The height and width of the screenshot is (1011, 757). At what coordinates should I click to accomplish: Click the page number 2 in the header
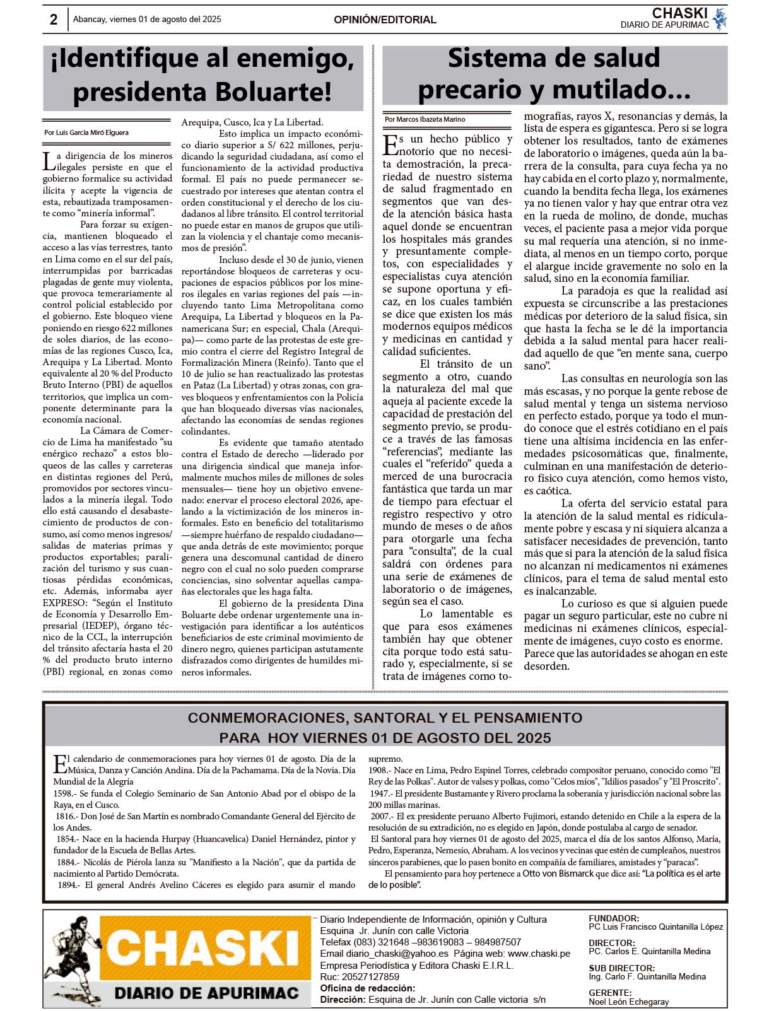pos(54,20)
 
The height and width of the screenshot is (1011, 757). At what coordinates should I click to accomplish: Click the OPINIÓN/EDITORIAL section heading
pos(385,20)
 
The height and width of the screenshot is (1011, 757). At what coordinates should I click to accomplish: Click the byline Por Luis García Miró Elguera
pos(86,132)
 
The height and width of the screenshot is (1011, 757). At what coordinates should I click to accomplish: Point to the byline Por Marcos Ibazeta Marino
pos(425,119)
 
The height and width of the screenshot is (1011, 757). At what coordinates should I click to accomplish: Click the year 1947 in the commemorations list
pos(380,793)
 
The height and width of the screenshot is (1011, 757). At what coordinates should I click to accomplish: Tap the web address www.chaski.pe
pos(539,954)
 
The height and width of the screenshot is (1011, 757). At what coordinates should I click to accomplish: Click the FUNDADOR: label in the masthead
pos(613,918)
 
